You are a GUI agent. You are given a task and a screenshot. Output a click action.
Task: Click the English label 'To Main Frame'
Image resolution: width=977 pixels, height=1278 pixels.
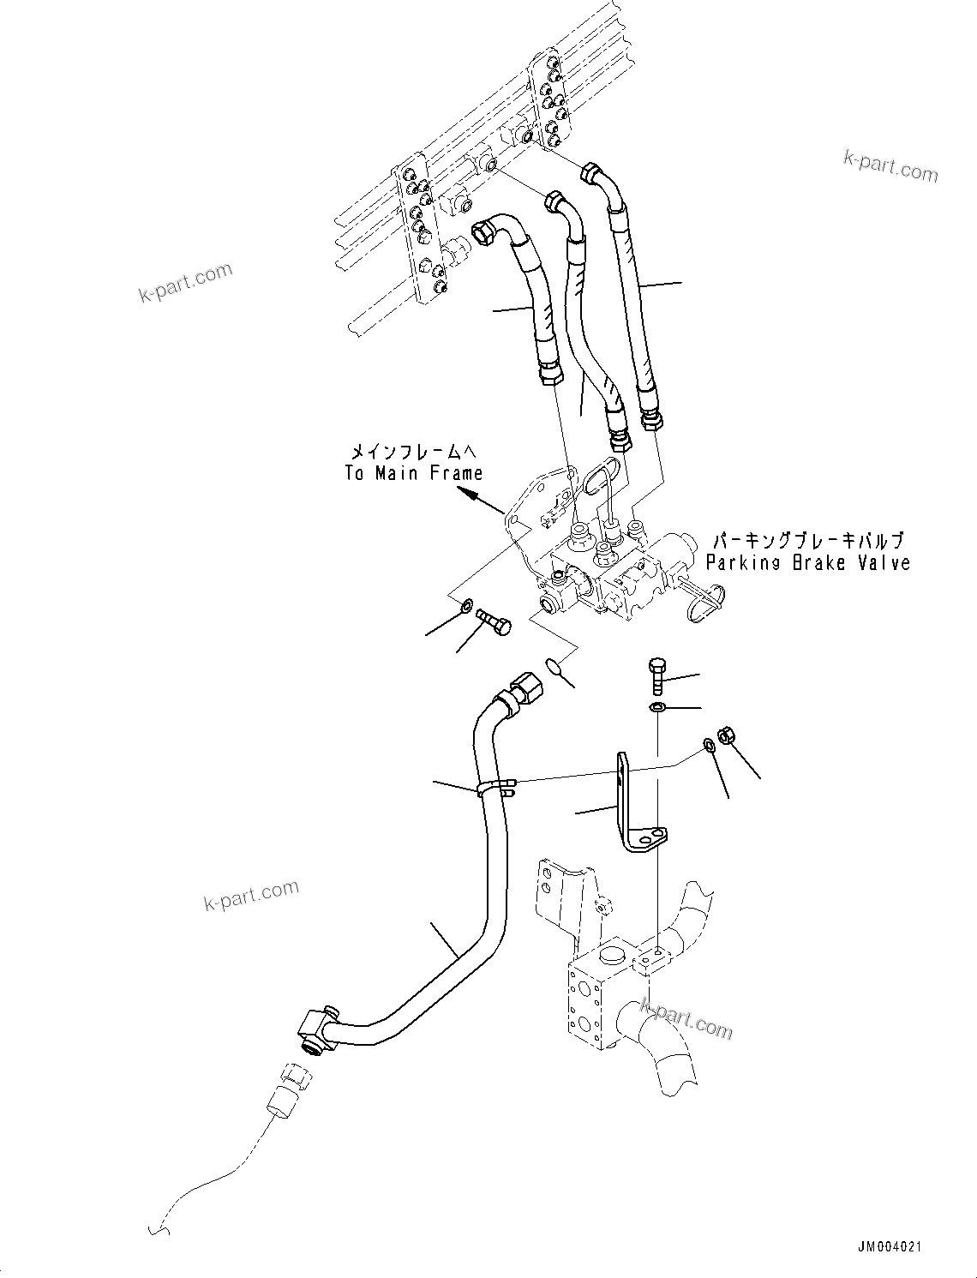413,473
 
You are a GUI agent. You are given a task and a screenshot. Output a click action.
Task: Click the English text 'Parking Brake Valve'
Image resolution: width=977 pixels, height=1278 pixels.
807,563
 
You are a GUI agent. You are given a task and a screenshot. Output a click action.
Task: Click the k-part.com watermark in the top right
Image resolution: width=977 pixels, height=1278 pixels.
890,166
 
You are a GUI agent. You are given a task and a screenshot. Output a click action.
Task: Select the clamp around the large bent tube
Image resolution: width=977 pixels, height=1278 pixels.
495,787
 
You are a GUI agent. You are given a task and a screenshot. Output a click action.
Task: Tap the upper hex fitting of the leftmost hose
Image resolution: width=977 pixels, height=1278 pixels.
486,231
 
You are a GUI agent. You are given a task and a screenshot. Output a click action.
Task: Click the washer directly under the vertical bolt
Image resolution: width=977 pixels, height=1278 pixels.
657,707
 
